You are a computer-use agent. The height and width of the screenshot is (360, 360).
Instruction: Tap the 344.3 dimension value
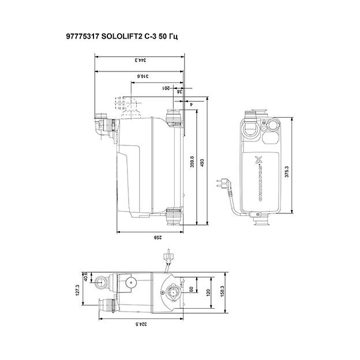[x=139, y=59]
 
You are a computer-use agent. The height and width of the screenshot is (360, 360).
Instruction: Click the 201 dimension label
[x=166, y=88]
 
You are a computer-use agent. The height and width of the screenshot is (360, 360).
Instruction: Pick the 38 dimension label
[x=179, y=91]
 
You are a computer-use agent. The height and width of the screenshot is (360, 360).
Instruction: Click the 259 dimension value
[x=149, y=237]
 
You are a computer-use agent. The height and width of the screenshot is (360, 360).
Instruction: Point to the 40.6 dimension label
[x=87, y=276]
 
